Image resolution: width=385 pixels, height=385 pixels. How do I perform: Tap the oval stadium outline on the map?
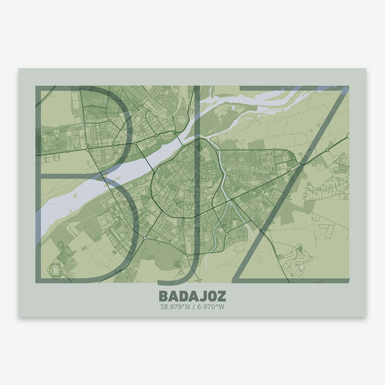tap(54, 269)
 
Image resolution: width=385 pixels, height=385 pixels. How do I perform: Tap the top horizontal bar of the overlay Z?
tap(289, 90)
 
